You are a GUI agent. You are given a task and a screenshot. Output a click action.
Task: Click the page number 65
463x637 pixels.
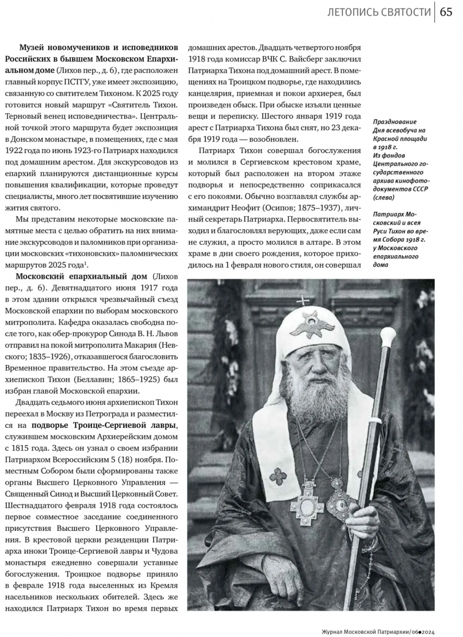(446, 12)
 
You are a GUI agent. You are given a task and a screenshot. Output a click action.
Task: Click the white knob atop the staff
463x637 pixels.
(388, 335)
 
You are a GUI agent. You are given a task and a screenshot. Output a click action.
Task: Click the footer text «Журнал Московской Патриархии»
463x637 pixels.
(364, 631)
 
